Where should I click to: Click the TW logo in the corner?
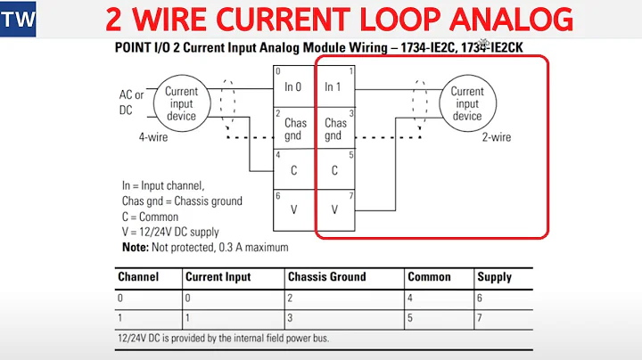pyautogui.click(x=18, y=19)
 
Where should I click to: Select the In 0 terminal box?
pyautogui.click(x=294, y=86)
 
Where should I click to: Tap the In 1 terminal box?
pyautogui.click(x=334, y=86)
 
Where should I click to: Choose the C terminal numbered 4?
pyautogui.click(x=294, y=169)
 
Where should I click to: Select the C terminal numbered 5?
pyautogui.click(x=334, y=169)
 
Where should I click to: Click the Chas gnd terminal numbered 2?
pyautogui.click(x=294, y=128)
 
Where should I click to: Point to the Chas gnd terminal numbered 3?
pyautogui.click(x=334, y=128)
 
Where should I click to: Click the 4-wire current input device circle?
pyautogui.click(x=183, y=103)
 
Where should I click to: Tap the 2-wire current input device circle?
pyautogui.click(x=467, y=103)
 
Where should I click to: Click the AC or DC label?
pyautogui.click(x=132, y=102)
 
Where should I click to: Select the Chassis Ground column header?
pyautogui.click(x=326, y=277)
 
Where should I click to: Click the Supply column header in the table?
pyautogui.click(x=494, y=277)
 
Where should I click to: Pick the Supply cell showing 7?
pyautogui.click(x=481, y=317)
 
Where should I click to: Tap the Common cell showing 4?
pyautogui.click(x=411, y=298)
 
